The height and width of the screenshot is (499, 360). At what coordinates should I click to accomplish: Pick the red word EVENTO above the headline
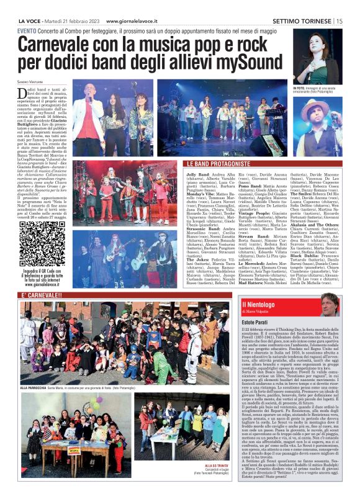click(27, 30)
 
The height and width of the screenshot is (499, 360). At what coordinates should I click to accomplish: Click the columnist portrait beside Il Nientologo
click(328, 304)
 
